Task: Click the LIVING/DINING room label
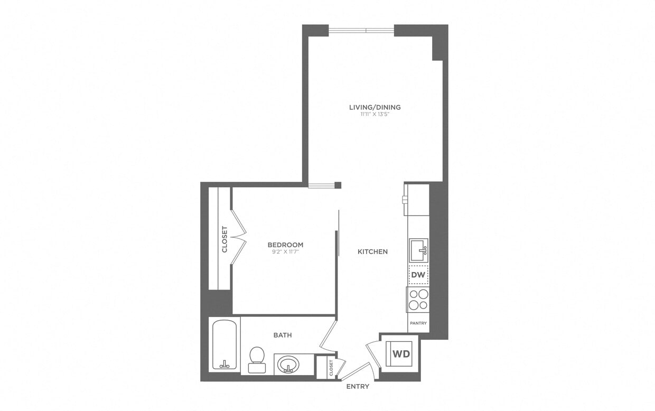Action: coord(375,107)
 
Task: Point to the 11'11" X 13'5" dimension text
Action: coord(375,114)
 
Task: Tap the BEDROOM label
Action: coord(285,245)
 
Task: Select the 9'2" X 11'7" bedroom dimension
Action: coord(285,252)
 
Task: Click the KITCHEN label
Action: coord(372,252)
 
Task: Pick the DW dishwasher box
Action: coord(418,275)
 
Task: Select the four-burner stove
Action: coord(418,300)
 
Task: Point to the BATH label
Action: coord(283,335)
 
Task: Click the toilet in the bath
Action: coord(257,357)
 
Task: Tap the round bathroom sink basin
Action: coord(288,365)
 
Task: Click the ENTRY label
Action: coord(358,387)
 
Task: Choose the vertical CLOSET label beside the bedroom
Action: coord(224,239)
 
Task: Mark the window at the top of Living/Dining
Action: coord(361,30)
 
